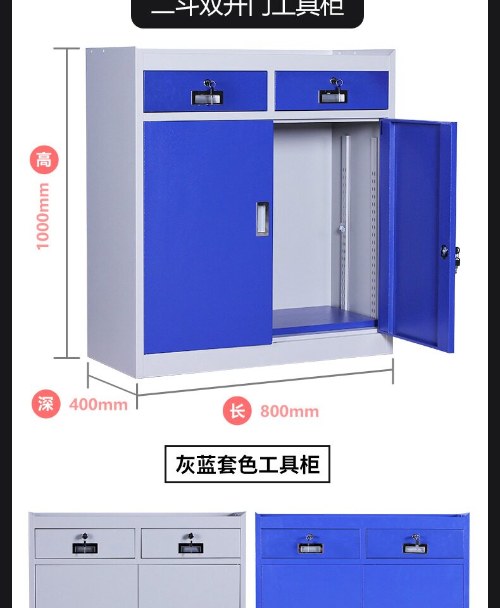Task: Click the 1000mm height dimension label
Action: pyautogui.click(x=43, y=216)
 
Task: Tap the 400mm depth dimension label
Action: pyautogui.click(x=98, y=404)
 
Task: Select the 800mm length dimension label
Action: pyautogui.click(x=289, y=412)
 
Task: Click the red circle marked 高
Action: pyautogui.click(x=44, y=160)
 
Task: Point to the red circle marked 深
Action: pyautogui.click(x=46, y=404)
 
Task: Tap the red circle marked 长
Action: pyautogui.click(x=237, y=412)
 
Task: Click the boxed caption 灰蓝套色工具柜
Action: pyautogui.click(x=247, y=464)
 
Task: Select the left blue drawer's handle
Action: pyautogui.click(x=207, y=98)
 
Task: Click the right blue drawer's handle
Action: pyautogui.click(x=332, y=96)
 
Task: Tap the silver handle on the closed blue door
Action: pyautogui.click(x=262, y=219)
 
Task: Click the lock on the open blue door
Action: pyautogui.click(x=445, y=251)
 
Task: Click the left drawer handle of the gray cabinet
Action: pyautogui.click(x=85, y=548)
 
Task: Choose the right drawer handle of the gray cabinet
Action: pyautogui.click(x=191, y=548)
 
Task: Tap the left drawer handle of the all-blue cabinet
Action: pyautogui.click(x=310, y=548)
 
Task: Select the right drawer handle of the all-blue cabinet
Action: pyautogui.click(x=415, y=548)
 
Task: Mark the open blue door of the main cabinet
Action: pyautogui.click(x=418, y=234)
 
